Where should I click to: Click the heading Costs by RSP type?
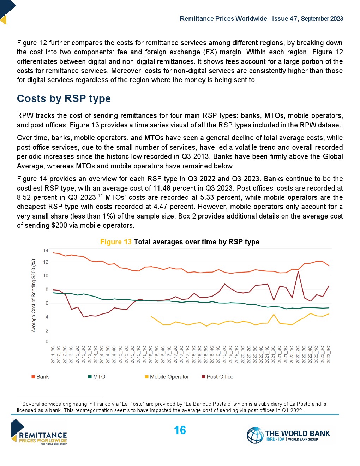(x=64, y=98)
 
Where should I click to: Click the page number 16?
(x=180, y=430)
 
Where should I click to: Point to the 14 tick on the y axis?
(x=46, y=251)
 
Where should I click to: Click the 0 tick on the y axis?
(x=47, y=341)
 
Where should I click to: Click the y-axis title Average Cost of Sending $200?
(x=34, y=296)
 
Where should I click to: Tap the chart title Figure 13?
(x=116, y=242)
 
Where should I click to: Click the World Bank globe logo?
(x=255, y=435)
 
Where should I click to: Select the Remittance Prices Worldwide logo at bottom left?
(x=39, y=432)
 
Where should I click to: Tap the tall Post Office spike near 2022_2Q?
(x=298, y=271)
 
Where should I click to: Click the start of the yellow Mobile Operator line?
(x=151, y=317)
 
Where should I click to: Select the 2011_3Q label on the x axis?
(x=53, y=354)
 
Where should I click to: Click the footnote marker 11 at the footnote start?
(x=19, y=403)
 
